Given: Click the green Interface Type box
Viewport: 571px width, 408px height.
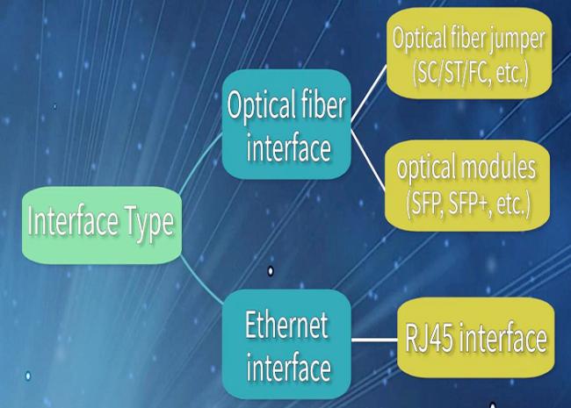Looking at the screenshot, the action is tap(102, 225).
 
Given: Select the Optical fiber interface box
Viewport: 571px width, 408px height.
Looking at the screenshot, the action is tap(286, 124).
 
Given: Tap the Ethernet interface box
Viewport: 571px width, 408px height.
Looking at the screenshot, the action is tap(286, 344).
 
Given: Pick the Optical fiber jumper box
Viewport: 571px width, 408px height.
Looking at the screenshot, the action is tap(469, 54).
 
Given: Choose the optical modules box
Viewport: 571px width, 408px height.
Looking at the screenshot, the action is tap(467, 185).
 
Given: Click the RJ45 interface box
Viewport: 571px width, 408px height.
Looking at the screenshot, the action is tap(475, 338).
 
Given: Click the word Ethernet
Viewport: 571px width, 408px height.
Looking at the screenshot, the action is tap(286, 325).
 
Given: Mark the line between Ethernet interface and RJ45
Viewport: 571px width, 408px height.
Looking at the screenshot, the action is tap(374, 340).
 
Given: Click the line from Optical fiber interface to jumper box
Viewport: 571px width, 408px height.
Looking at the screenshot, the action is tap(369, 92).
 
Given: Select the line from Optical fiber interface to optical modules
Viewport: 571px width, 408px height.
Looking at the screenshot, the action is tap(368, 160).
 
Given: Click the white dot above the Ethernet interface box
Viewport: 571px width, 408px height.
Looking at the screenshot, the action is tap(271, 271).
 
